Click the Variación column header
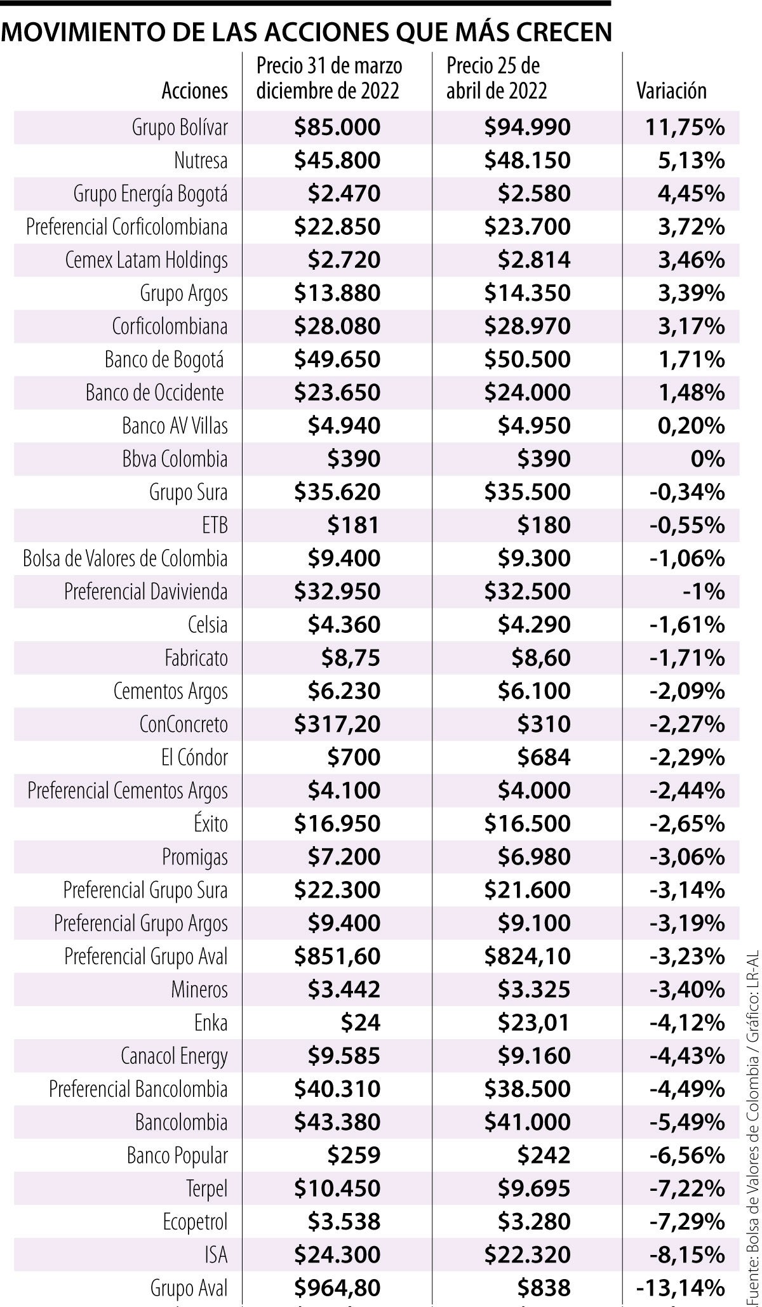671,91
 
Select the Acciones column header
194,91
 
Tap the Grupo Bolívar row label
180,128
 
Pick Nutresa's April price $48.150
527,161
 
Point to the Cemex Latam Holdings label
146,260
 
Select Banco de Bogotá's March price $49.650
337,359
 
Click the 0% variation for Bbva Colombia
707,459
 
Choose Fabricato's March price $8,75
351,658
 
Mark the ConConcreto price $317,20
337,724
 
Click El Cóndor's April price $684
544,757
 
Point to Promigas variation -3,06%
687,857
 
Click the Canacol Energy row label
174,1056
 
